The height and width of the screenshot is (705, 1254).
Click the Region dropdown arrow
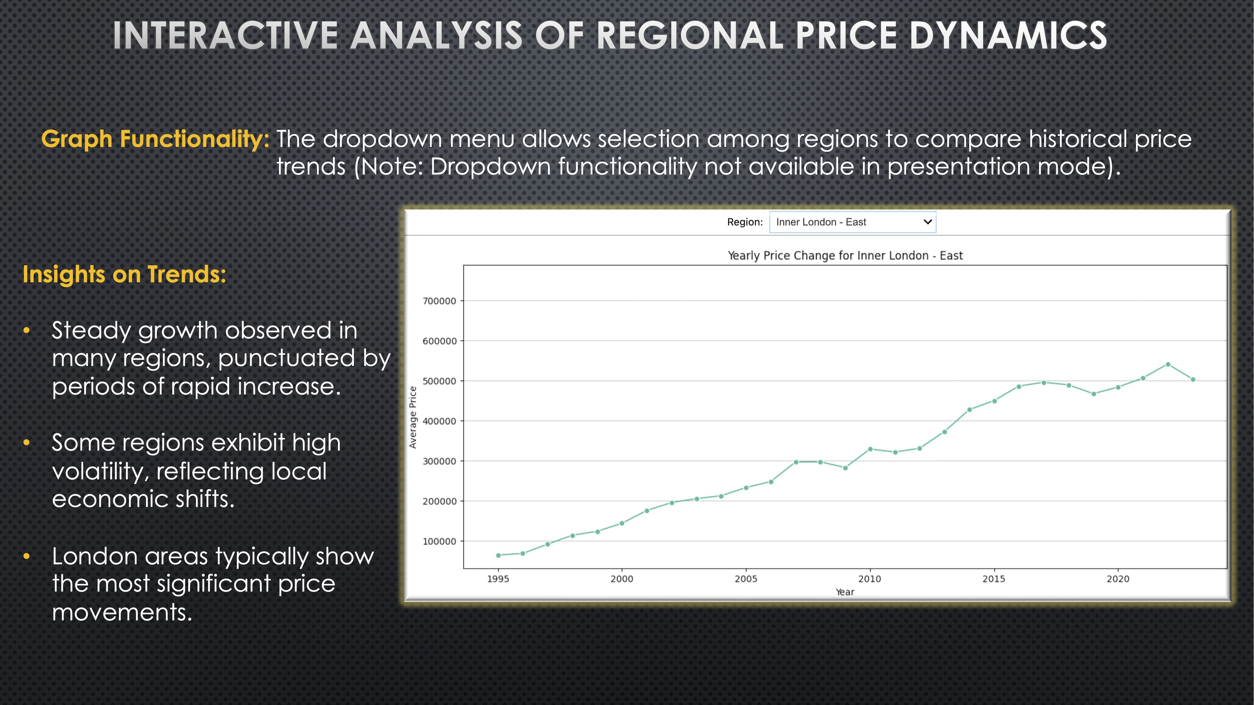927,222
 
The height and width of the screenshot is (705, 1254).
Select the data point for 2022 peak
1168,364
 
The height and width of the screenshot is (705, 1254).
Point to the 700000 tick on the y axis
439,301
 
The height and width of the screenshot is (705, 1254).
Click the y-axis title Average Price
413,417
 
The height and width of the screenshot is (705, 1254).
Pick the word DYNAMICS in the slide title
1008,35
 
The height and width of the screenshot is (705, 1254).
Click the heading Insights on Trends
124,274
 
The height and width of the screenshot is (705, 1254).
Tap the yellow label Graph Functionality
155,139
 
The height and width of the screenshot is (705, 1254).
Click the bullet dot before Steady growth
27,331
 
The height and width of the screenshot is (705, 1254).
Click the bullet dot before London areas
27,556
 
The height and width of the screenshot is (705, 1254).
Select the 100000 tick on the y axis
439,541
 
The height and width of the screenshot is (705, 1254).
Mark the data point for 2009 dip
845,468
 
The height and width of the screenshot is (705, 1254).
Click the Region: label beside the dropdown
744,222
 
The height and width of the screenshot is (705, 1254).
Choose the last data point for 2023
1193,379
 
